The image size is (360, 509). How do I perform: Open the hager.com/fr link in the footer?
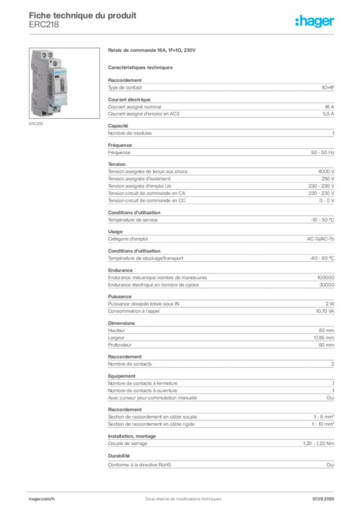click(42, 498)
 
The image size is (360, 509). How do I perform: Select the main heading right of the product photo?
click(153, 51)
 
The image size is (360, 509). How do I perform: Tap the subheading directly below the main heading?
click(141, 67)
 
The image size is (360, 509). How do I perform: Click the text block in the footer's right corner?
click(325, 496)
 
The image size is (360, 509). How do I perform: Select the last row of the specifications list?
click(221, 464)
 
